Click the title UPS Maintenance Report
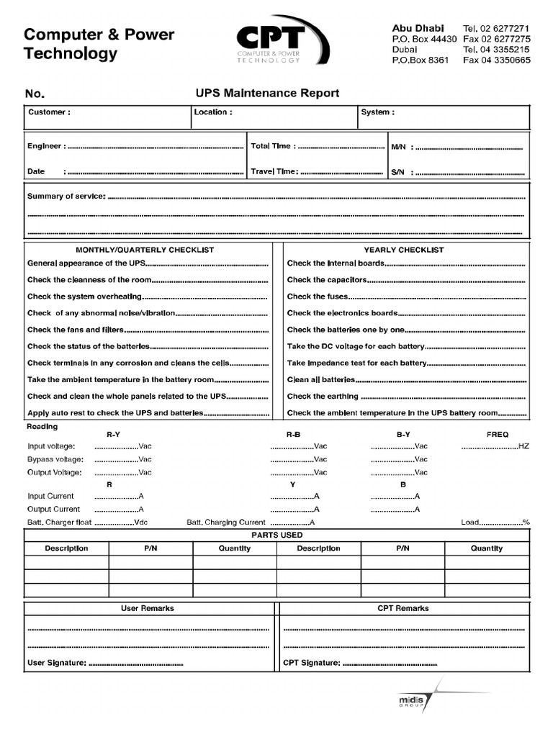266,94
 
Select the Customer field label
49,112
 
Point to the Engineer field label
46,146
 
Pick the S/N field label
399,173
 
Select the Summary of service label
66,196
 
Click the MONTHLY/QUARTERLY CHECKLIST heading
145,250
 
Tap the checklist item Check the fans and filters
76,330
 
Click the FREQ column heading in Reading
498,435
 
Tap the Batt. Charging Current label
226,523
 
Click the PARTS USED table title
276,535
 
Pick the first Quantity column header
235,548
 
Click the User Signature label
57,663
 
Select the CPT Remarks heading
403,608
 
